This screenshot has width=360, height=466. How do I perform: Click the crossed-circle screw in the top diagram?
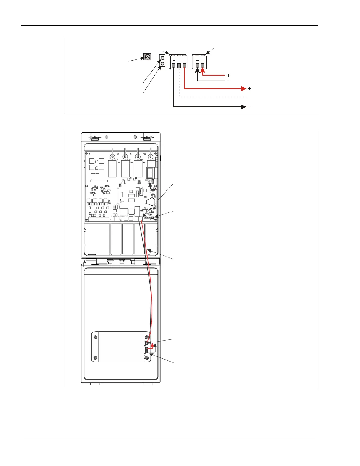[x=147, y=57]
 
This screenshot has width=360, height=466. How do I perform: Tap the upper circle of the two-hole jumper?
[x=162, y=58]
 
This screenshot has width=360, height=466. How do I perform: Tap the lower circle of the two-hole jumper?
[x=162, y=64]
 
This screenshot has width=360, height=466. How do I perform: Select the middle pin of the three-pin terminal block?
[x=179, y=66]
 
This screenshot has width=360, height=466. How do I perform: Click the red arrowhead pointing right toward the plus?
[x=244, y=89]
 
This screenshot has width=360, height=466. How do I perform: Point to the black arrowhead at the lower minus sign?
[x=244, y=107]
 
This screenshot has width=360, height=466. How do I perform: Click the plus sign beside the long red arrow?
[x=250, y=89]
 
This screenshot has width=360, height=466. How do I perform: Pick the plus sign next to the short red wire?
[x=228, y=75]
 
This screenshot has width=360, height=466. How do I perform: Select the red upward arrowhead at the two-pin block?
[x=203, y=70]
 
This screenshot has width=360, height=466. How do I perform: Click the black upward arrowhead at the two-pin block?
[x=197, y=70]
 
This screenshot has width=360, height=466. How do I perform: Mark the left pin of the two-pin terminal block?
[x=197, y=66]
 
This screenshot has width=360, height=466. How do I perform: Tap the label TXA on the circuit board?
[x=116, y=160]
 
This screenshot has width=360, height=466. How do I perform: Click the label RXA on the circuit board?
[x=129, y=160]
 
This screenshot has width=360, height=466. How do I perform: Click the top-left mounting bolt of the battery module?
[x=95, y=337]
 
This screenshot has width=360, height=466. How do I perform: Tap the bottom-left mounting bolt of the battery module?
[x=95, y=358]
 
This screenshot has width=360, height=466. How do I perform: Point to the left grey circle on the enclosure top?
[x=106, y=137]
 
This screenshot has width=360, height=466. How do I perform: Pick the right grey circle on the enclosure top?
[x=135, y=137]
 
